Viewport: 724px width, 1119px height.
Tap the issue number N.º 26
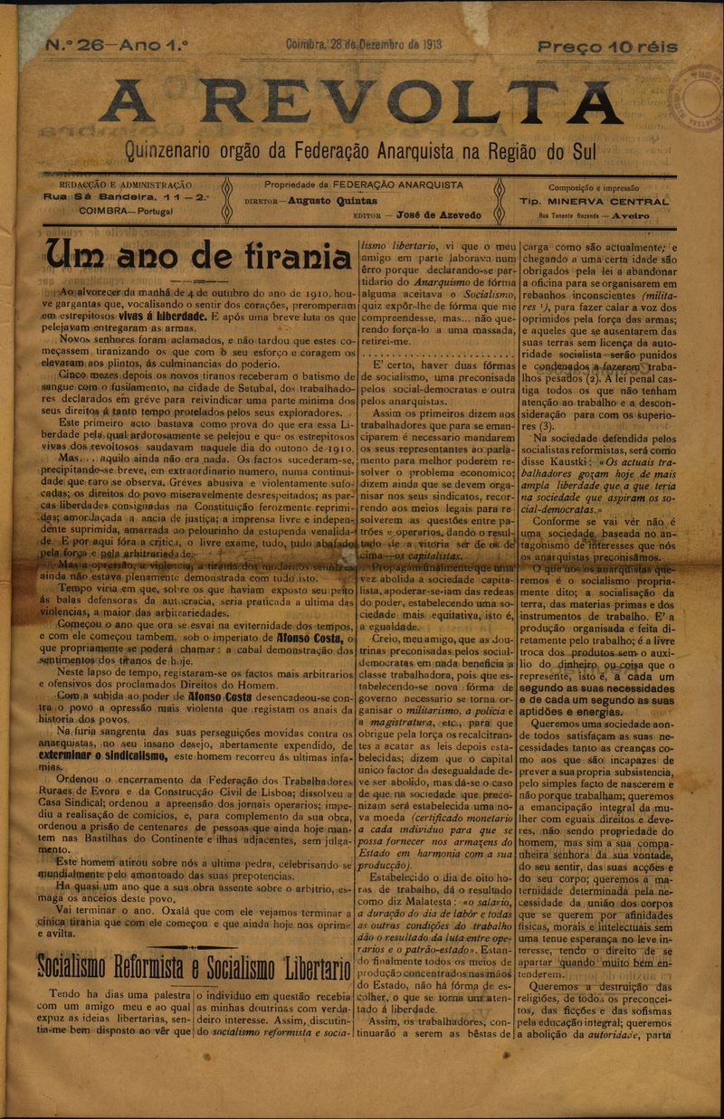click(x=70, y=44)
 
